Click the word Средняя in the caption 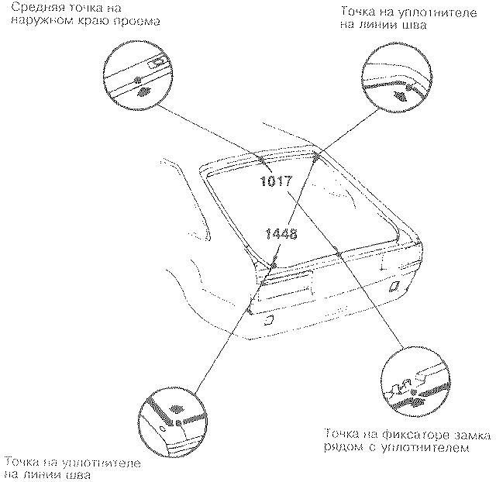click(28, 9)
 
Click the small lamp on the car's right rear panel click(394, 286)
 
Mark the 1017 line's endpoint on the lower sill click(339, 253)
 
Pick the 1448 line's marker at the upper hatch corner click(316, 157)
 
